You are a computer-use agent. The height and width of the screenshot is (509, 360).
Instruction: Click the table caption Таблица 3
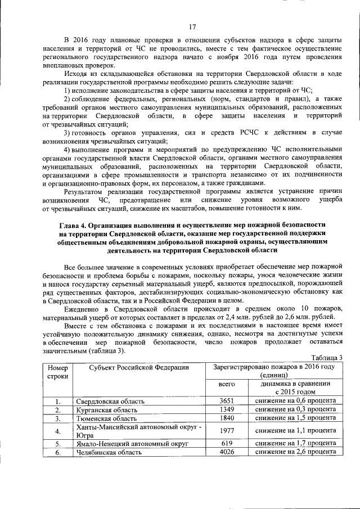(x=327, y=358)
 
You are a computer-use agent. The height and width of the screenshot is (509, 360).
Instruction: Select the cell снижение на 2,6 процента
(x=295, y=452)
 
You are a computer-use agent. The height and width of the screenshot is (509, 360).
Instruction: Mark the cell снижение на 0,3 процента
(x=295, y=410)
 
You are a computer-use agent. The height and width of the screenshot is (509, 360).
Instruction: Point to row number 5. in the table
(x=57, y=443)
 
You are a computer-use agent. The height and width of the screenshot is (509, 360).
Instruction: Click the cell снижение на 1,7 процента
(x=295, y=443)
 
